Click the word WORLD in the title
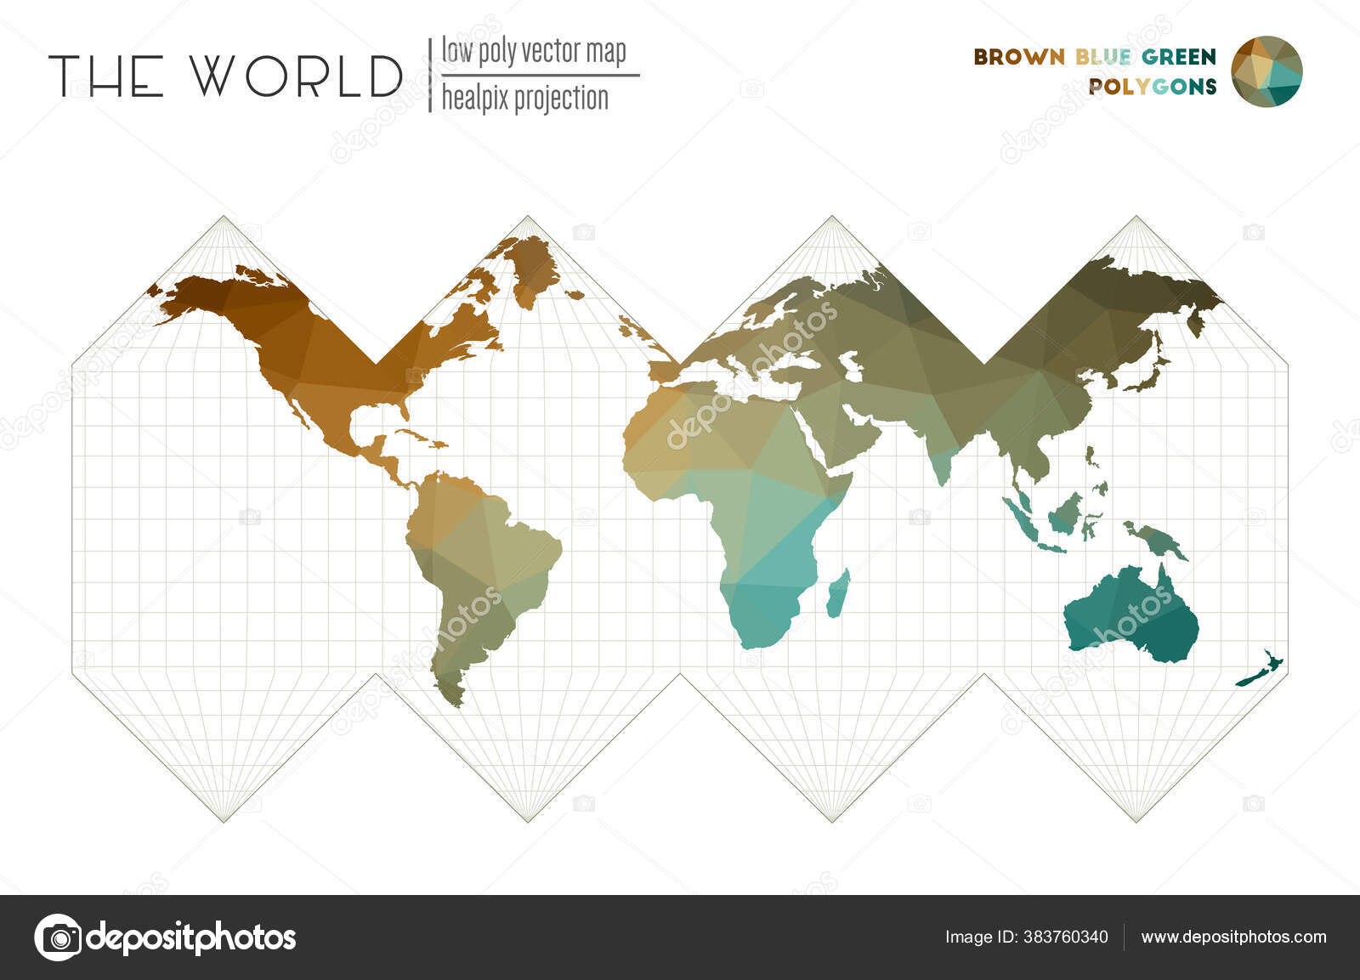click(295, 76)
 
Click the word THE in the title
click(106, 76)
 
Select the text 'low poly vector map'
click(533, 52)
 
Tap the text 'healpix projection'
click(524, 99)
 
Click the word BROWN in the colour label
click(1018, 57)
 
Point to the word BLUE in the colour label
click(1102, 57)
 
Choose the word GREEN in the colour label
click(1179, 57)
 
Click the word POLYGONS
click(1152, 87)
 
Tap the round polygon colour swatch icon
click(1266, 71)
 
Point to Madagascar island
click(839, 592)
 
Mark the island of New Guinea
click(1156, 540)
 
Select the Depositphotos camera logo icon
click(57, 938)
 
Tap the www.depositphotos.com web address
click(1233, 938)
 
